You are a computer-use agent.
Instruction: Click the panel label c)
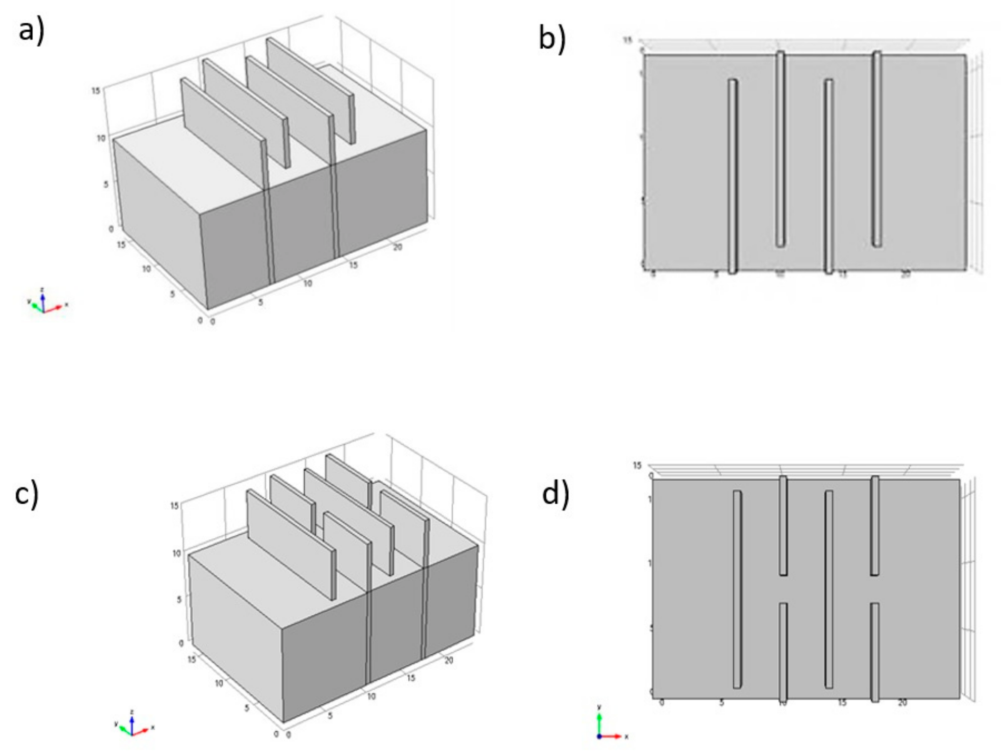27,494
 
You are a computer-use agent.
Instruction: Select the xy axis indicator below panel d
609,728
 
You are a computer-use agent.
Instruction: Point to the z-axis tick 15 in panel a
95,91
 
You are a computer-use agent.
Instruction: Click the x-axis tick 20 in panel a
397,247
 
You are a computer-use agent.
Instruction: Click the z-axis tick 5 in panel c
179,600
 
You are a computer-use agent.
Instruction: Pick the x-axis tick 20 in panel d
902,703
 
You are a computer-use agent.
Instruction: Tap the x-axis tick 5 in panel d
721,703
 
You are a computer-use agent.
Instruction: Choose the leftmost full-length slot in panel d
737,589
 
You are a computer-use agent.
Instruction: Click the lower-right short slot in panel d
875,652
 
